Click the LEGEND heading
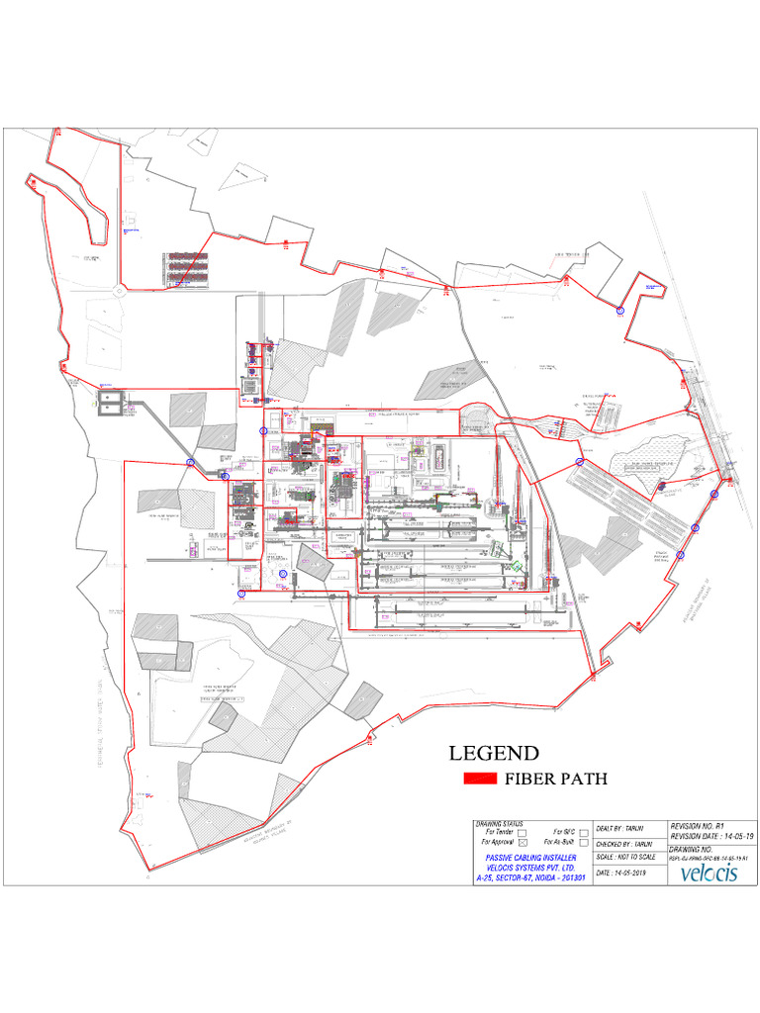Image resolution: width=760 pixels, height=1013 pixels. click(494, 752)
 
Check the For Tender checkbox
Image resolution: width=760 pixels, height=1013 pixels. click(522, 834)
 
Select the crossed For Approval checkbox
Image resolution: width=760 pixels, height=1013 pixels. click(522, 843)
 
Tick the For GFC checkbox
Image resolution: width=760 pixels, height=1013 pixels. click(584, 832)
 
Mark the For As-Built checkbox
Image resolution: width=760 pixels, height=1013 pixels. click(584, 843)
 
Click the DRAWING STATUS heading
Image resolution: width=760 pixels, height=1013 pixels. click(500, 824)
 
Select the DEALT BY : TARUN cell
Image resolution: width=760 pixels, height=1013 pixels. click(622, 827)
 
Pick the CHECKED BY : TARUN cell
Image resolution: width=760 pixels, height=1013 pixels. click(627, 843)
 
